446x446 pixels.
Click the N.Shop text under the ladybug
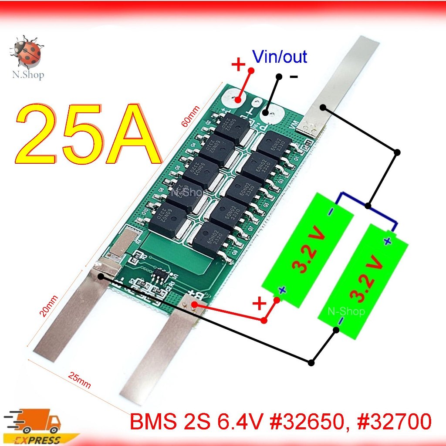tap(27, 75)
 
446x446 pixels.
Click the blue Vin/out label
tap(280, 57)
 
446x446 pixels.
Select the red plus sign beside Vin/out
tap(238, 65)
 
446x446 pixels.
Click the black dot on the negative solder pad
tap(265, 113)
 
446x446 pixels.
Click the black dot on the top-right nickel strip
tap(323, 108)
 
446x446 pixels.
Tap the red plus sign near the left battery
tap(259, 304)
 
